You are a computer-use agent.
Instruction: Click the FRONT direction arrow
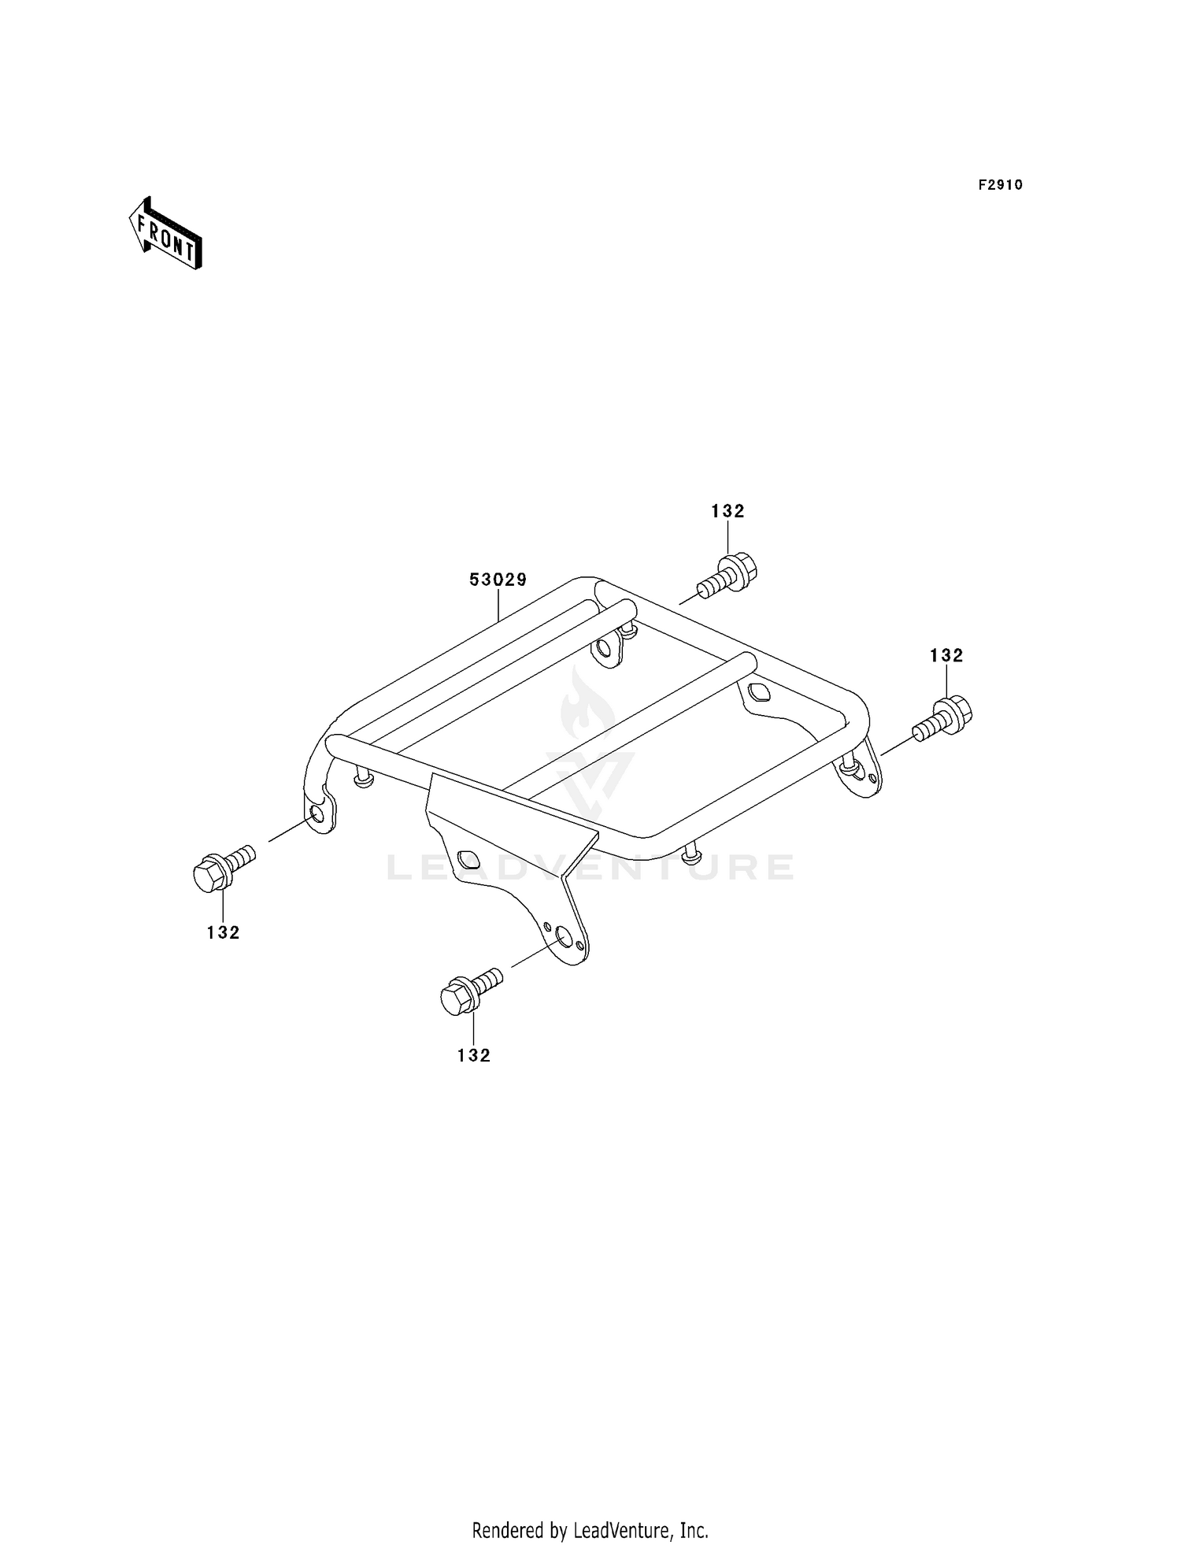click(166, 234)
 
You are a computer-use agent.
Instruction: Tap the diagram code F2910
click(1001, 185)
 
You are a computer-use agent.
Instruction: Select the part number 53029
click(498, 580)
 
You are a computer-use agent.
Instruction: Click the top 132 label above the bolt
click(727, 511)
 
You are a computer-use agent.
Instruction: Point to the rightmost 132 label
click(946, 655)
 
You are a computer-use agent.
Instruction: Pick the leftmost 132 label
click(224, 932)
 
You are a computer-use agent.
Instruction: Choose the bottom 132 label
click(474, 1055)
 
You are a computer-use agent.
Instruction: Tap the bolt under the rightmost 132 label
click(942, 718)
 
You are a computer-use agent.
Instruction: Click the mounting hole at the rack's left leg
click(317, 813)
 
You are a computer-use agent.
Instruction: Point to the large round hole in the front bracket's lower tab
click(564, 936)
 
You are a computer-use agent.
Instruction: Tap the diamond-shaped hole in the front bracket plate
click(467, 859)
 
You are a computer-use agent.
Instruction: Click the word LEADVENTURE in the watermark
click(590, 867)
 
